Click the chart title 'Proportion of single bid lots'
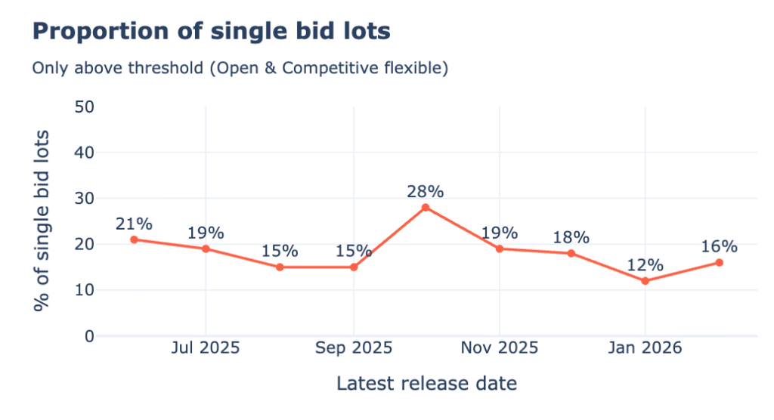pyautogui.click(x=211, y=31)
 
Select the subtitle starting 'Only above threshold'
pyautogui.click(x=240, y=68)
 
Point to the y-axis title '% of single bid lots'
pyautogui.click(x=43, y=221)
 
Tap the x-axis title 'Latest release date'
pyautogui.click(x=426, y=383)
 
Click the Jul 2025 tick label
pyautogui.click(x=206, y=348)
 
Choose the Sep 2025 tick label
pyautogui.click(x=354, y=348)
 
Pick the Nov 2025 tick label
pyautogui.click(x=500, y=348)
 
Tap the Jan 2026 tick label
pyautogui.click(x=645, y=348)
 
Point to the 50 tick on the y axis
pyautogui.click(x=84, y=107)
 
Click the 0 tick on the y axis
pyautogui.click(x=89, y=336)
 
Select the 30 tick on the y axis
pyautogui.click(x=84, y=199)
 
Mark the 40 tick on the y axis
pyautogui.click(x=84, y=153)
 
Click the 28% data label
pyautogui.click(x=426, y=191)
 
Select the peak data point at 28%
pyautogui.click(x=426, y=208)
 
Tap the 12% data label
pyautogui.click(x=645, y=265)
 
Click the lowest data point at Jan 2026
pyautogui.click(x=645, y=281)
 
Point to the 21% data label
pyautogui.click(x=134, y=224)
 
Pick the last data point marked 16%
pyautogui.click(x=719, y=263)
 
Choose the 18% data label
pyautogui.click(x=571, y=237)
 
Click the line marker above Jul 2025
pyautogui.click(x=206, y=249)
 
